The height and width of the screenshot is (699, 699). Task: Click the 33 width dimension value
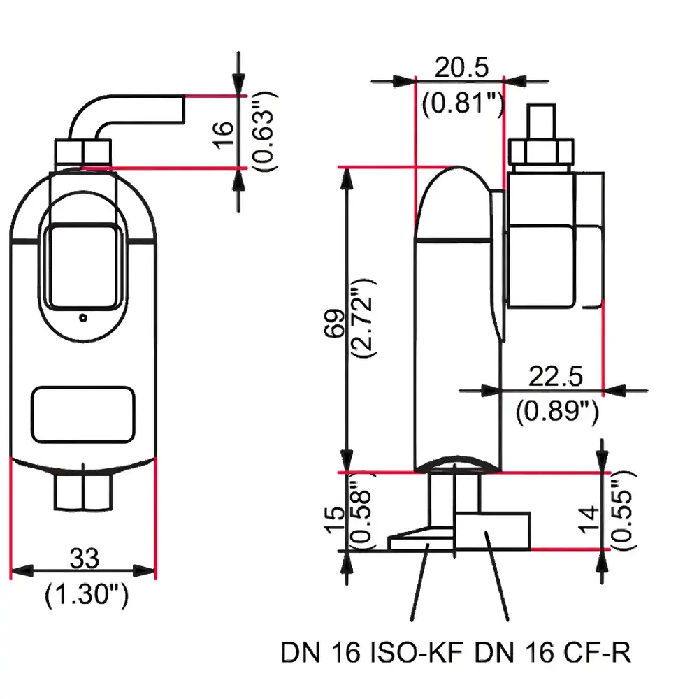(x=84, y=559)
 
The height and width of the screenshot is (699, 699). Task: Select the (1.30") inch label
(x=86, y=596)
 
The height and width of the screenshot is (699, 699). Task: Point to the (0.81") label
(x=462, y=103)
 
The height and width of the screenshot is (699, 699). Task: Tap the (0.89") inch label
(x=557, y=412)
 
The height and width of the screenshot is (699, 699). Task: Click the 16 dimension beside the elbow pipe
(x=222, y=133)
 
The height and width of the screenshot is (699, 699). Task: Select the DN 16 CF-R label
(x=553, y=654)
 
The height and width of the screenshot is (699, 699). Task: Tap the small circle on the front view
(x=83, y=318)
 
